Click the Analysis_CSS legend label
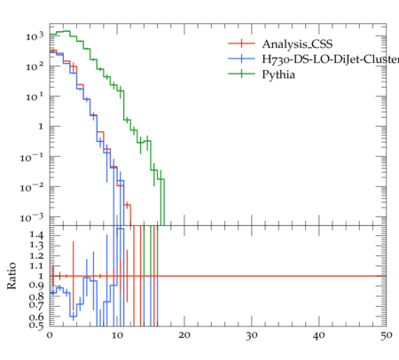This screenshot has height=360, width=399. point(297,44)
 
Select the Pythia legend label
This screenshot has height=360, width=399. point(278,74)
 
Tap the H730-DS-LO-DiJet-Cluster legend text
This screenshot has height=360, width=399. point(331,59)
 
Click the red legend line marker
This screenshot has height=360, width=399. point(241,43)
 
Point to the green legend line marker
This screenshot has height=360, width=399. point(241,74)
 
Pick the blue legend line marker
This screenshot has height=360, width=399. point(241,59)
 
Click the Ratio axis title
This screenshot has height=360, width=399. point(12,276)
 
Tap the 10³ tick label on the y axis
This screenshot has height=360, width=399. point(35,36)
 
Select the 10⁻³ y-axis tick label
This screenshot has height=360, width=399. point(32,217)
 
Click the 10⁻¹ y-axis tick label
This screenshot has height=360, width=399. point(32,157)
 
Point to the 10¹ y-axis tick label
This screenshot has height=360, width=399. point(35,97)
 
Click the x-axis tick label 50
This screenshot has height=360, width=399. point(386,335)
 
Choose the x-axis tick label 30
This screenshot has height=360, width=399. point(252,335)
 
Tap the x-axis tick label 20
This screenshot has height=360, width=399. point(184,335)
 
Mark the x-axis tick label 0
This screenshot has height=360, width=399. point(50,335)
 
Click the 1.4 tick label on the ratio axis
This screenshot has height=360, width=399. point(36,235)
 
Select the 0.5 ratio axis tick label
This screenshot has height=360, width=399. point(36,325)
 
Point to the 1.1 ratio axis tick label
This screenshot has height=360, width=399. point(36,266)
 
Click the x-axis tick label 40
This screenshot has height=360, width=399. point(318,335)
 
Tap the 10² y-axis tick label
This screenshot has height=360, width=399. point(35,67)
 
